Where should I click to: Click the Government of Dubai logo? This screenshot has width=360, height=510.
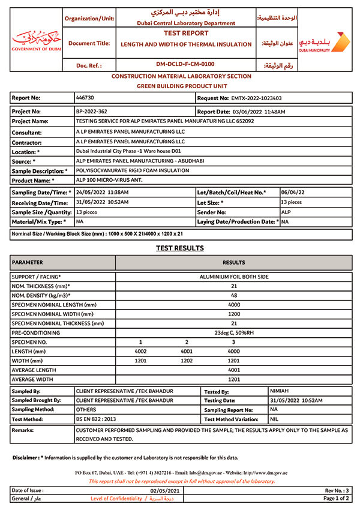[x=36, y=40]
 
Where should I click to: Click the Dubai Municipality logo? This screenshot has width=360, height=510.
[x=323, y=42]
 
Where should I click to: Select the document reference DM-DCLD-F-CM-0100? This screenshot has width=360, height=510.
[x=185, y=64]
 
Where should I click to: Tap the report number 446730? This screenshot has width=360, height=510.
[x=85, y=97]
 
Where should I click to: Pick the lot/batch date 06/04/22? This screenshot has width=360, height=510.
[x=292, y=192]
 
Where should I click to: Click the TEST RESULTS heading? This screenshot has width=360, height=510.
[x=179, y=248]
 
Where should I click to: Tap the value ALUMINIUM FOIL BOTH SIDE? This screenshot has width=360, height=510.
[x=234, y=277]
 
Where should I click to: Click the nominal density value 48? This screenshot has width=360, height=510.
[x=234, y=296]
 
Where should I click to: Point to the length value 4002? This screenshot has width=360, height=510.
[x=140, y=351]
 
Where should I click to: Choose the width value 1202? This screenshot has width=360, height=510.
[x=187, y=361]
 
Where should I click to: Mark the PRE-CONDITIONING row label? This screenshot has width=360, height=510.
[x=36, y=332]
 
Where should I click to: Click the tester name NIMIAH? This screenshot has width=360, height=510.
[x=280, y=391]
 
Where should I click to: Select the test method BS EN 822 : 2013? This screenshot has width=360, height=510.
[x=95, y=419]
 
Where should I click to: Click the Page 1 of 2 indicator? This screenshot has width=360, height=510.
[x=336, y=499]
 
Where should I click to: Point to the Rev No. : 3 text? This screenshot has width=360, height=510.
[x=337, y=490]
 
